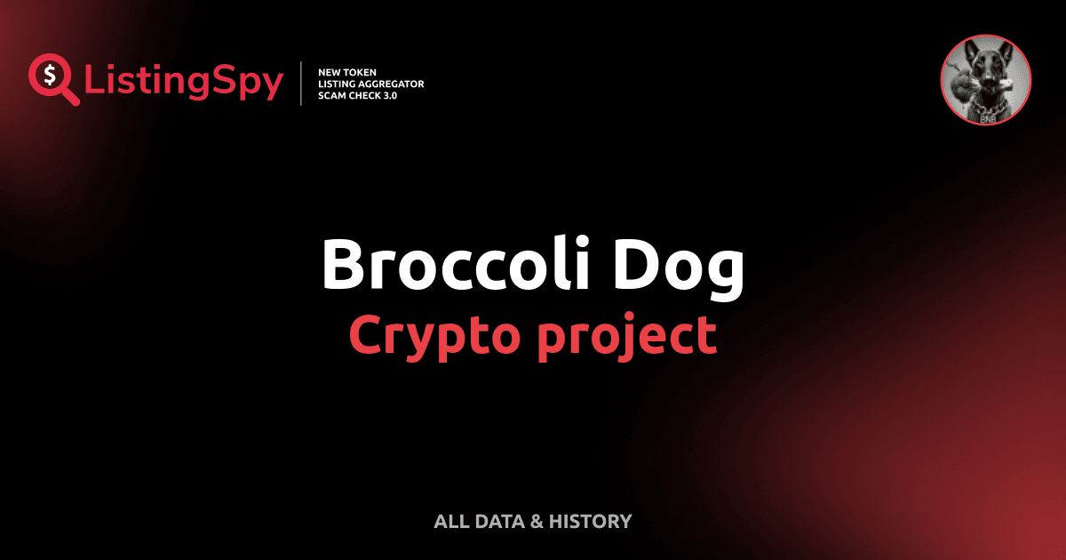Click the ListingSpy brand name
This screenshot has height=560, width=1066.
click(x=185, y=83)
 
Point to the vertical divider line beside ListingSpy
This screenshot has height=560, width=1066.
click(x=303, y=84)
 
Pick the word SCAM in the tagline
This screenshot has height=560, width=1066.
click(x=331, y=95)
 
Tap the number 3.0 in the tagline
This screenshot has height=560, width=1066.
click(x=387, y=95)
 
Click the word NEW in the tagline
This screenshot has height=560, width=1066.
click(x=330, y=71)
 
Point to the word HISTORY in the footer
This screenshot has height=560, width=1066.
click(x=590, y=522)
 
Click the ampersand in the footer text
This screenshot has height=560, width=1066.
click(x=536, y=522)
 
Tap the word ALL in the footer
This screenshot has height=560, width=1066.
click(x=450, y=522)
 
